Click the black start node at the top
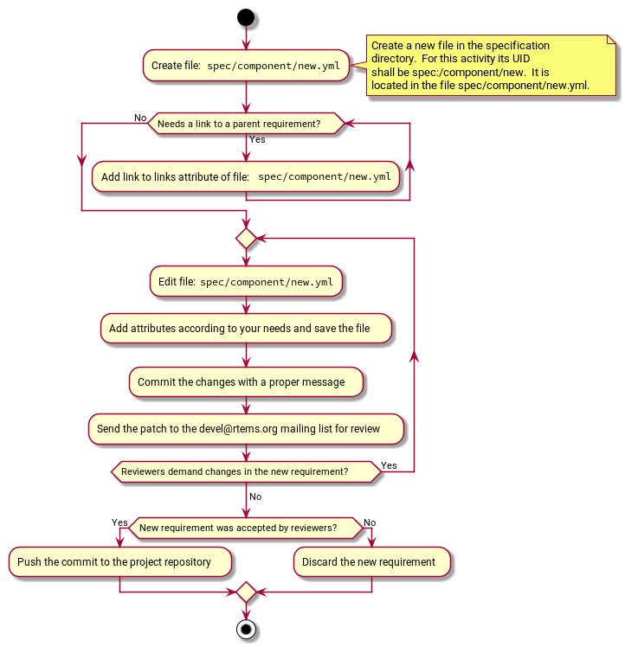[x=247, y=18]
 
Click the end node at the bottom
[x=247, y=629]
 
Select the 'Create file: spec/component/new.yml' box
[x=246, y=65]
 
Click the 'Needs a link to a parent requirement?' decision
[x=246, y=125]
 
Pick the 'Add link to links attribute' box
[x=246, y=176]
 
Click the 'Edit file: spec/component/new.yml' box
[x=247, y=282]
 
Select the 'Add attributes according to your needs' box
[x=247, y=329]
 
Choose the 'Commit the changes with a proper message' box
[x=246, y=381]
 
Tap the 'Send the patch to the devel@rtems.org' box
[x=246, y=428]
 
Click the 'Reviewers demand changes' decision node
[x=246, y=472]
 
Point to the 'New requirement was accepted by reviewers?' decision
[x=246, y=527]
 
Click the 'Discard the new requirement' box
[x=371, y=562]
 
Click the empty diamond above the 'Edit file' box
[x=247, y=238]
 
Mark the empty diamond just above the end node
[x=247, y=593]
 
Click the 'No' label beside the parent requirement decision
[x=140, y=118]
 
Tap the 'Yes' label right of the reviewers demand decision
[x=389, y=465]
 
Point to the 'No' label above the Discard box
[x=370, y=522]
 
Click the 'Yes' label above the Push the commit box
[x=119, y=522]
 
